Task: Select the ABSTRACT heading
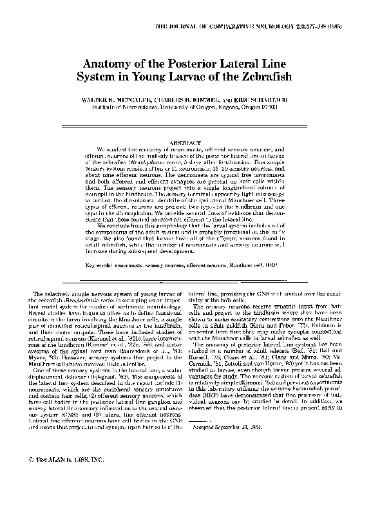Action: (x=184, y=141)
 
